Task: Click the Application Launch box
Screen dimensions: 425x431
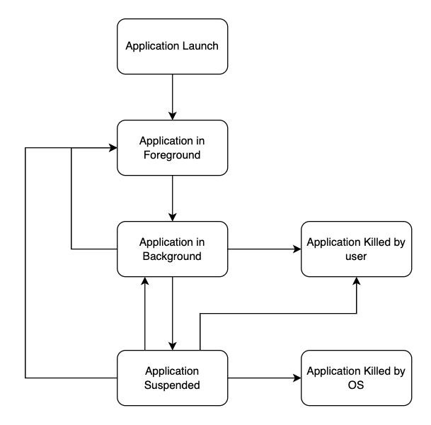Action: (x=172, y=46)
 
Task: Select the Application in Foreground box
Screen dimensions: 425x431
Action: (x=172, y=147)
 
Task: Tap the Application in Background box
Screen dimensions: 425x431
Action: (x=172, y=249)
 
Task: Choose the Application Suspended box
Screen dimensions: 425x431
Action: (x=172, y=378)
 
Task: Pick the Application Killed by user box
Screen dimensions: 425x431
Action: (x=356, y=249)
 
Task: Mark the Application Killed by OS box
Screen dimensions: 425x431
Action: (x=356, y=378)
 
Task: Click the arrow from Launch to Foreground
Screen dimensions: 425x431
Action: (x=172, y=96)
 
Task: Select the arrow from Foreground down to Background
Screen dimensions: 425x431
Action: (x=172, y=198)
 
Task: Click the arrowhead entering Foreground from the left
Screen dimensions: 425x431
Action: (x=113, y=148)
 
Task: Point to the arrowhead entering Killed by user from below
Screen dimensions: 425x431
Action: (x=356, y=282)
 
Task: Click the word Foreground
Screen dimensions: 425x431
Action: (x=172, y=154)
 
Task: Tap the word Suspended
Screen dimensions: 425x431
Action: (x=172, y=385)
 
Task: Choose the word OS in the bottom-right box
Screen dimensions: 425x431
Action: (x=356, y=385)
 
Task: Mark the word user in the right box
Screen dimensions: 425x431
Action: (x=356, y=256)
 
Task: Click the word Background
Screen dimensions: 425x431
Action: (x=172, y=256)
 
